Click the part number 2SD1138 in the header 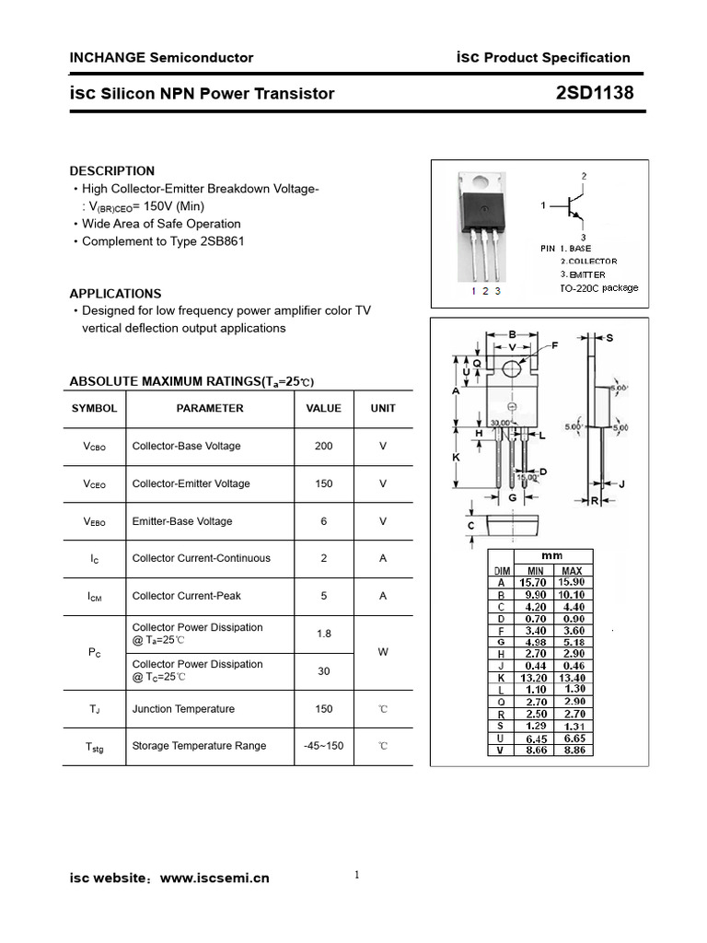coord(595,93)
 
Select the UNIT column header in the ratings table coord(383,408)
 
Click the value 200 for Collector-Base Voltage coord(323,446)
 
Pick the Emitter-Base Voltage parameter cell coord(182,521)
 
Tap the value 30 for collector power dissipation coord(323,671)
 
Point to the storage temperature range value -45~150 coord(323,745)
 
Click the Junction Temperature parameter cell coord(183,709)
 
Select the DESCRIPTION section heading coord(112,170)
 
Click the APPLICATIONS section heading coord(115,294)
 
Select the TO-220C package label coord(598,288)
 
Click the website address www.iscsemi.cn coord(214,878)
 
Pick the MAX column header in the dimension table coord(571,571)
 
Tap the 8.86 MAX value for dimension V coord(572,751)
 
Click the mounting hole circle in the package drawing coord(513,368)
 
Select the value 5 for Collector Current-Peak coord(323,596)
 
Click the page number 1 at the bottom coord(356,875)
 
